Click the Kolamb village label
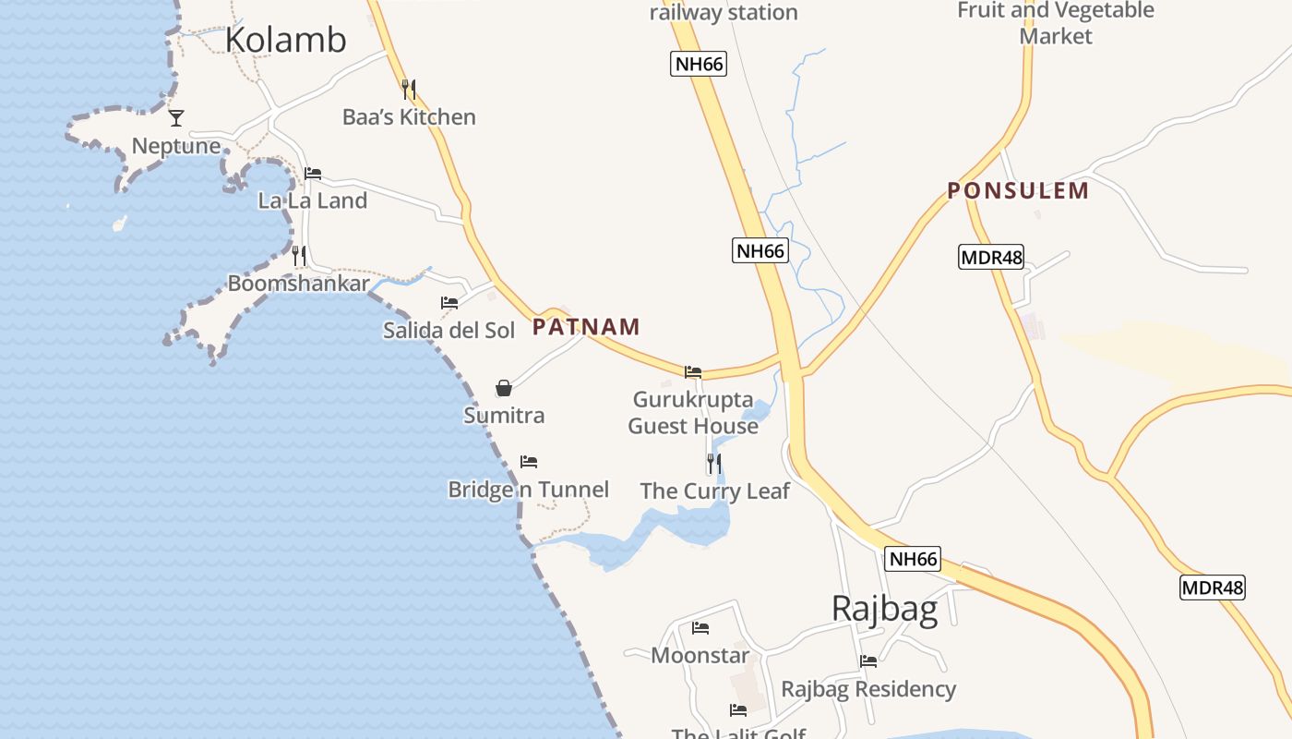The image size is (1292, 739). coord(285,40)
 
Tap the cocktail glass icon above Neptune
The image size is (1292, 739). coord(176,117)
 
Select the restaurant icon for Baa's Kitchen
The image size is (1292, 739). coord(409,90)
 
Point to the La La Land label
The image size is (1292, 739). coord(312,200)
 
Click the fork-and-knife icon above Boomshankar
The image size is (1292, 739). coord(299,255)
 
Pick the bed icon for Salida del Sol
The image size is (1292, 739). coord(449,303)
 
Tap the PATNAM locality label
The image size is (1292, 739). coord(586,326)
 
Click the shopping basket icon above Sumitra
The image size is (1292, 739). coord(504,388)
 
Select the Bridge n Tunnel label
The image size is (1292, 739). coord(528,490)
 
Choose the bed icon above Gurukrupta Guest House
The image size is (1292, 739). coord(693,372)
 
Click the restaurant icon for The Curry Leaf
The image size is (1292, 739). coord(714,463)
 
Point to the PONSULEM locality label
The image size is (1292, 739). coord(1018,191)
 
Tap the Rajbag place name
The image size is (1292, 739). coord(884,609)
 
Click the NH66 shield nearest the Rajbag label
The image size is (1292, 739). coord(914,559)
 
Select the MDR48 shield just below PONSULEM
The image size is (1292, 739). coord(991,257)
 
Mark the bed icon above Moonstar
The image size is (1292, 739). coord(700,628)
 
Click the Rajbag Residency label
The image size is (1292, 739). coord(868,689)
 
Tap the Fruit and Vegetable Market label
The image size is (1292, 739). coord(1056,23)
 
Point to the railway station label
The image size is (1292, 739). coord(724,13)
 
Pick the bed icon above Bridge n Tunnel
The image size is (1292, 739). coord(529,462)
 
